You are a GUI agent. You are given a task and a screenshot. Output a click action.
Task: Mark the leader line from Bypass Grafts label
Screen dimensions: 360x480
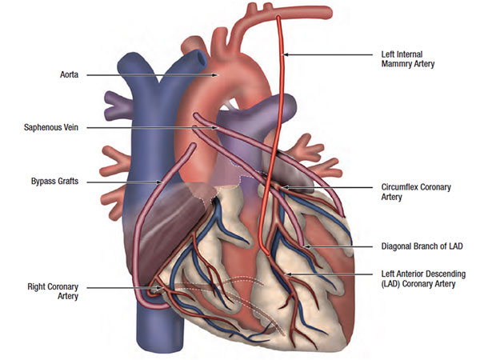click(120, 182)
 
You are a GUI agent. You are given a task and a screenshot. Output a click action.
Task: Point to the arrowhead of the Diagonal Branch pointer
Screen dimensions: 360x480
click(306, 246)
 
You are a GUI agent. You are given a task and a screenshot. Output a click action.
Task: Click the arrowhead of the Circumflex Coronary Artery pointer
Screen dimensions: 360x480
click(285, 188)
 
